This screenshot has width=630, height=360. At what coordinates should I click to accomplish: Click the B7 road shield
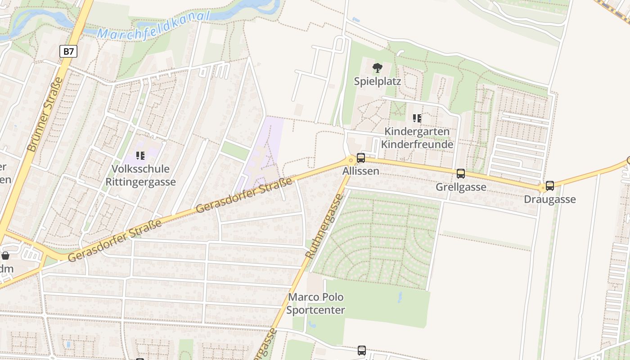pos(68,51)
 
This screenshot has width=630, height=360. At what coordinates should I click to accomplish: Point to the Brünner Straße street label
pos(45,114)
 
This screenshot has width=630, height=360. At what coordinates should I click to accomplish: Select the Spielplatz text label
pos(377,81)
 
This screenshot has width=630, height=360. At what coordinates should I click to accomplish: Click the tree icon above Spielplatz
pos(377,68)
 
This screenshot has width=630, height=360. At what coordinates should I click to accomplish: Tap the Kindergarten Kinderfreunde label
pos(417,138)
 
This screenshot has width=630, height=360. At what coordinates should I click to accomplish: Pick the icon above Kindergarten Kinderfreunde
pos(417,118)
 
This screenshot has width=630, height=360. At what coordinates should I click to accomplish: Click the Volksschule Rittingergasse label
pos(140,175)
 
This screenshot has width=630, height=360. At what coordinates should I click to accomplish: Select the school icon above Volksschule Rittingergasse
pos(140,156)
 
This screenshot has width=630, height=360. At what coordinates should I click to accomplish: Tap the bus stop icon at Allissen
pos(360,158)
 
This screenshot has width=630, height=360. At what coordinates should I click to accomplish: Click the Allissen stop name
pos(360,171)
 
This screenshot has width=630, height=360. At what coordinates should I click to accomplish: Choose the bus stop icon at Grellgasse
pos(460,174)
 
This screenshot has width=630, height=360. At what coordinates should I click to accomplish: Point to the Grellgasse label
pos(461,187)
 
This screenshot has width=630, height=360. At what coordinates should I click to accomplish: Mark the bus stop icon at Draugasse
pos(549,186)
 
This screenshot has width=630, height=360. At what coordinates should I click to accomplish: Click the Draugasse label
pos(549,199)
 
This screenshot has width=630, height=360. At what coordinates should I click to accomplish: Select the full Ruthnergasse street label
pos(324,226)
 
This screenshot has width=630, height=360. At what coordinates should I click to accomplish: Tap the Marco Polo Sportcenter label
pos(315,304)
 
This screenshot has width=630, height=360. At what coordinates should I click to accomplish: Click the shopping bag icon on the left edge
pos(5,256)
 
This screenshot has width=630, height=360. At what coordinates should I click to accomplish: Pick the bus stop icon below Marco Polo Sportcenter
pos(361,350)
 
